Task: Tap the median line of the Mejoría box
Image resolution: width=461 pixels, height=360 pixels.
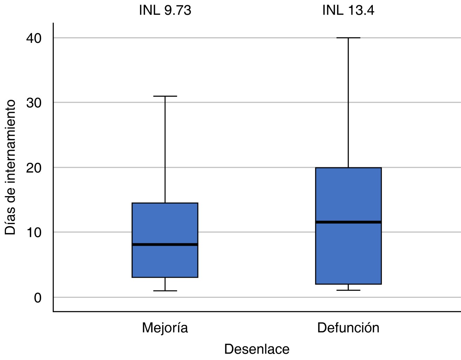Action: pyautogui.click(x=165, y=244)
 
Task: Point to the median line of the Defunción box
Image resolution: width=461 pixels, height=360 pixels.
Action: pyautogui.click(x=348, y=222)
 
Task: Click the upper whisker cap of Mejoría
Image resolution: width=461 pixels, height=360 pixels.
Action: pyautogui.click(x=165, y=96)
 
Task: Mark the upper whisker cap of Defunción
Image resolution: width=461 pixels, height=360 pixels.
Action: pyautogui.click(x=348, y=38)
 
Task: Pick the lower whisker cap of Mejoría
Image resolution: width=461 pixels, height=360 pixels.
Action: pyautogui.click(x=165, y=291)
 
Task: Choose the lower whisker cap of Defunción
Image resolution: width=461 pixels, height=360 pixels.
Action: pyautogui.click(x=348, y=290)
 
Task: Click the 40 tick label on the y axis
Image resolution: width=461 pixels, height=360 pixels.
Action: pyautogui.click(x=34, y=38)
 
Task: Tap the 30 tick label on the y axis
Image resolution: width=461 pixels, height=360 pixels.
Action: pyautogui.click(x=34, y=103)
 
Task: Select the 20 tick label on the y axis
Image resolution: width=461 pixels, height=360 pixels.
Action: pyautogui.click(x=34, y=168)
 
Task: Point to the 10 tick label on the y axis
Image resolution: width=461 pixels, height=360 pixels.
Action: pyautogui.click(x=34, y=232)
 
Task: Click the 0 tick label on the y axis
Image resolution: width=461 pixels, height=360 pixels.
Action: pyautogui.click(x=38, y=298)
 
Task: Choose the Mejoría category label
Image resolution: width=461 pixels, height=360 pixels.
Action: pyautogui.click(x=165, y=328)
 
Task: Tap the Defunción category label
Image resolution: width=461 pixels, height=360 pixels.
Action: pyautogui.click(x=348, y=328)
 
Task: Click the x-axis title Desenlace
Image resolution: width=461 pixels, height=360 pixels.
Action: pyautogui.click(x=257, y=349)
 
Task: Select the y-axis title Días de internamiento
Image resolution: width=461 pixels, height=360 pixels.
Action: pyautogui.click(x=10, y=167)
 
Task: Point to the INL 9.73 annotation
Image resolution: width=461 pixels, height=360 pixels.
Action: pyautogui.click(x=165, y=10)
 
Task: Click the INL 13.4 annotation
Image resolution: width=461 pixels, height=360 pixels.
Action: pyautogui.click(x=348, y=10)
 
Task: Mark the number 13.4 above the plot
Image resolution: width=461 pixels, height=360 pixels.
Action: pyautogui.click(x=361, y=10)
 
